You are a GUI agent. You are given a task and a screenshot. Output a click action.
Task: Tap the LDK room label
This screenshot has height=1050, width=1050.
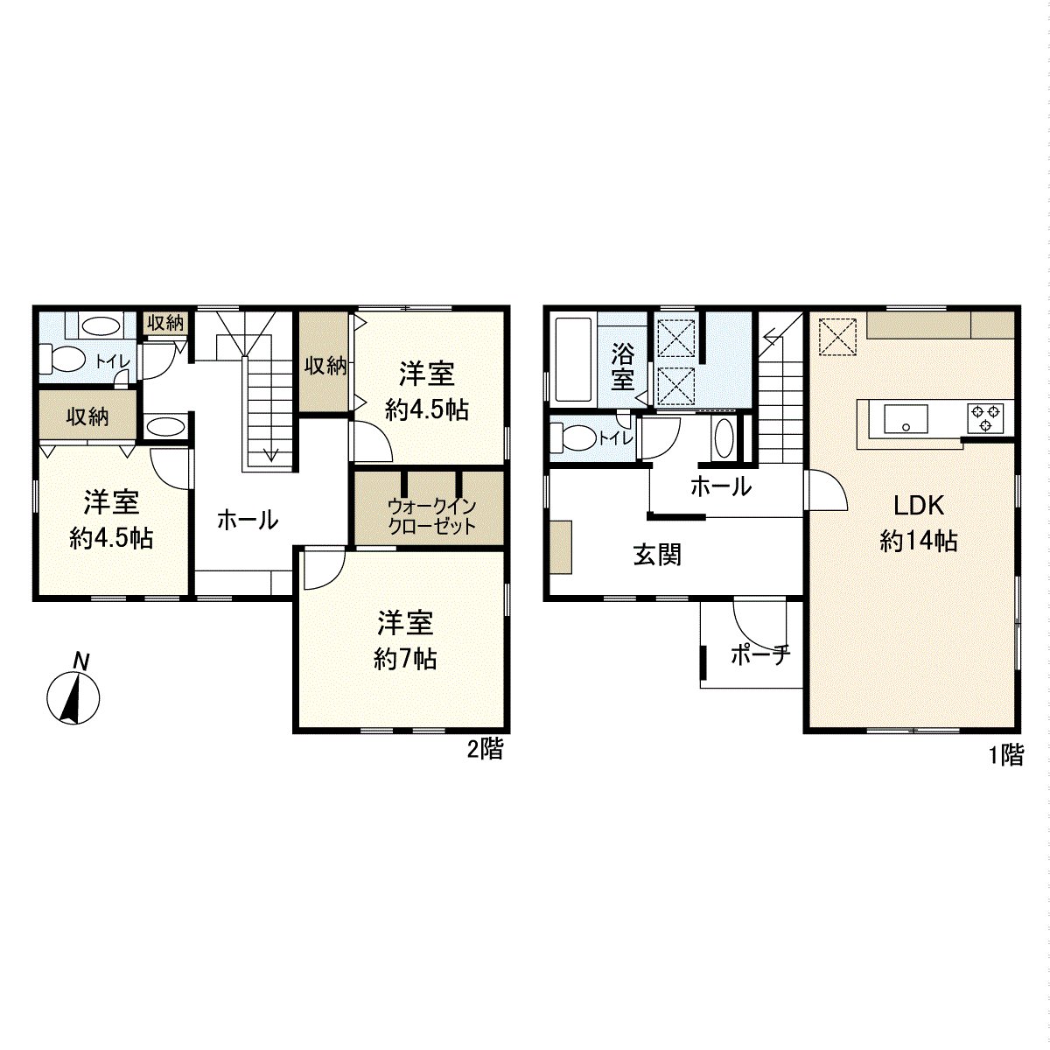coord(917,505)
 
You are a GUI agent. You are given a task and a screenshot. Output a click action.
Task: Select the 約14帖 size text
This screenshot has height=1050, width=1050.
coord(918,542)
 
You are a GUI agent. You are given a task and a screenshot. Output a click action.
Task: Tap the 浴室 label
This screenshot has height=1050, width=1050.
coord(622,367)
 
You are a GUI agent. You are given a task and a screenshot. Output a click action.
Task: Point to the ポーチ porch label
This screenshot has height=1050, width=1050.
coord(759,654)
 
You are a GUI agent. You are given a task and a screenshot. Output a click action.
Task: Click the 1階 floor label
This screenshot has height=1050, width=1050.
coord(1005,755)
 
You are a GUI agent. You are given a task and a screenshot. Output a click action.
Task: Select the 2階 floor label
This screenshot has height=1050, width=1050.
coord(484,749)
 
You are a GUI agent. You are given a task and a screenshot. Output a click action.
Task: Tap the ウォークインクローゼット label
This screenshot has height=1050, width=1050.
coord(431,516)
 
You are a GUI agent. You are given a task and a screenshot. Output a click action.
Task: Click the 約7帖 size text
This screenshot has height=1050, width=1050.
coord(405,659)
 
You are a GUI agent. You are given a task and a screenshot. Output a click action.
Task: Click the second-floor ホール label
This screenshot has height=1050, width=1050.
coord(248,520)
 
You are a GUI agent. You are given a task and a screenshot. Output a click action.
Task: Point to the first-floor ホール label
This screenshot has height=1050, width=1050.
coord(720,486)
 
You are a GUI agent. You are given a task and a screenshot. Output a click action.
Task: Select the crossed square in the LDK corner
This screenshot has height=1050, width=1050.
coord(835,336)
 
